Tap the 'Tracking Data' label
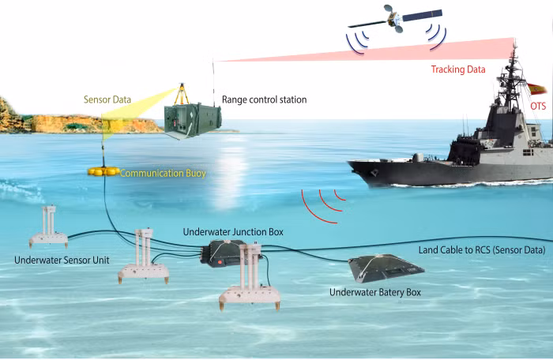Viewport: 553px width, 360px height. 458,69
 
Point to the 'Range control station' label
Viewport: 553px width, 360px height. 265,100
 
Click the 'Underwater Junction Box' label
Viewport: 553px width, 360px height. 233,232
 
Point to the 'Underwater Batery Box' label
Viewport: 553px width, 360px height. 375,292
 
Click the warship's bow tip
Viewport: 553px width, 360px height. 349,163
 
